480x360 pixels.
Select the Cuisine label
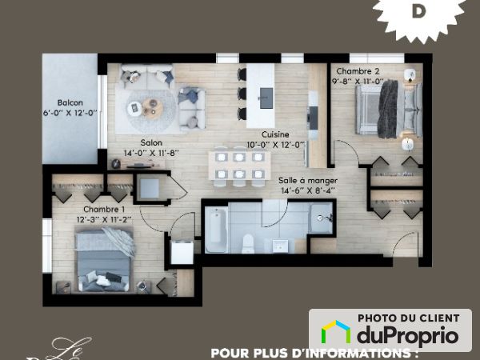274,134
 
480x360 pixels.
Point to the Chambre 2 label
354,71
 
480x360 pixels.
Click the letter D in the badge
418,11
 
